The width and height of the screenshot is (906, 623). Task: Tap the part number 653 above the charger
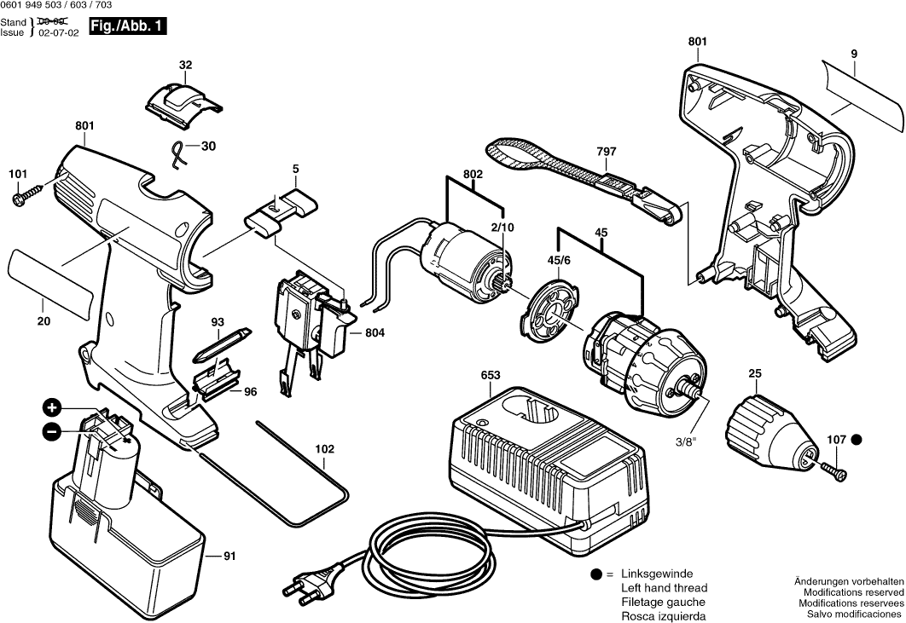(491, 376)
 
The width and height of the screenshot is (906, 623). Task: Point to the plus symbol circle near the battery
(52, 407)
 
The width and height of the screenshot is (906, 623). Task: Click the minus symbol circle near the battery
(52, 432)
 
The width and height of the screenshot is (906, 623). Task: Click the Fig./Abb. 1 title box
(129, 27)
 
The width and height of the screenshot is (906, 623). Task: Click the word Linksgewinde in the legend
(657, 574)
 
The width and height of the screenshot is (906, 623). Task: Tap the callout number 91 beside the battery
(229, 557)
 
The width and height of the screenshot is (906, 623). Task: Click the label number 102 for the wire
(325, 449)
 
